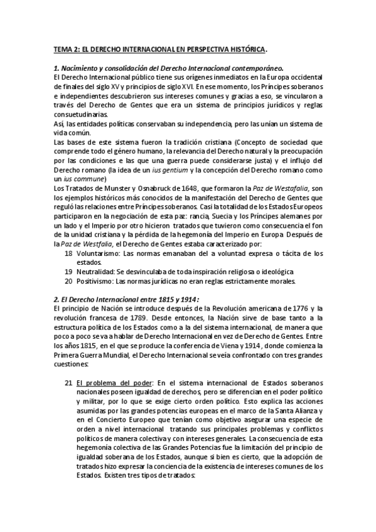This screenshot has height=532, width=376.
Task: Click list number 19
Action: [x=68, y=271]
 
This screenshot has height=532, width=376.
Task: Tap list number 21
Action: [x=68, y=382]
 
